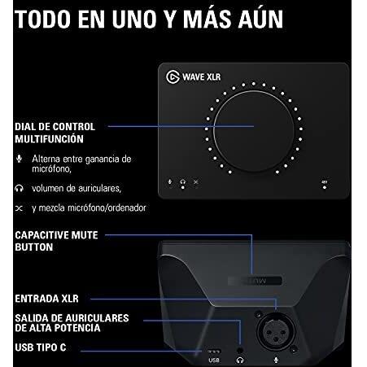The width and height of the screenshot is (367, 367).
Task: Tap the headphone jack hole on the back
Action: (x=240, y=346)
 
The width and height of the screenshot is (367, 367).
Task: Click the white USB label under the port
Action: (x=214, y=358)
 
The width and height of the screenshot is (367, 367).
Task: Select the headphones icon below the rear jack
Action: (x=240, y=358)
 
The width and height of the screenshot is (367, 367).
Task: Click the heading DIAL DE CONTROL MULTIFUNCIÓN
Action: (x=55, y=133)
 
